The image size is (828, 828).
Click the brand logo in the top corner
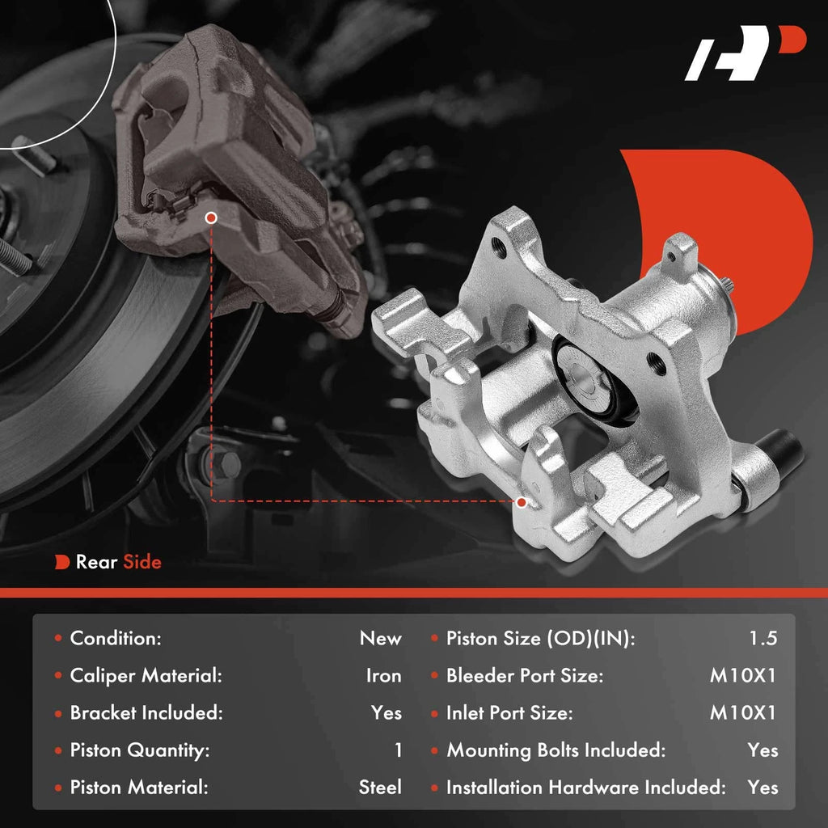[x=745, y=53]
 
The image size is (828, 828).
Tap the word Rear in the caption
[x=97, y=562]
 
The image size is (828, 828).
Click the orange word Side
[x=142, y=562]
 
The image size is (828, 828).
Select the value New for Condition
[x=380, y=639]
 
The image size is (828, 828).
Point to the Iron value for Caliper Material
[x=384, y=676]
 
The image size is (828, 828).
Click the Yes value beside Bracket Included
[x=386, y=713]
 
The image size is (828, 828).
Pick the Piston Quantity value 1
[x=398, y=750]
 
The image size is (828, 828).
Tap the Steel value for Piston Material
[x=380, y=788]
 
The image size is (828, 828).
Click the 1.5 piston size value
[x=763, y=639]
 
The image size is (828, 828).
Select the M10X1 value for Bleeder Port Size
[x=743, y=676]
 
